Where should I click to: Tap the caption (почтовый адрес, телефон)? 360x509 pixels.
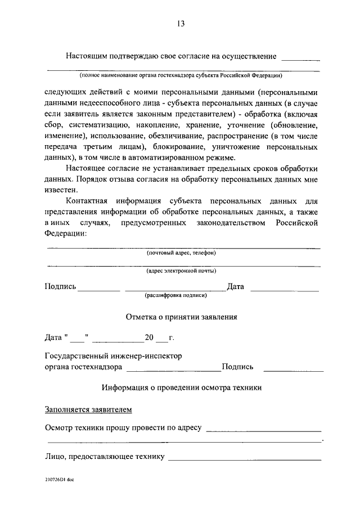pos(181,253)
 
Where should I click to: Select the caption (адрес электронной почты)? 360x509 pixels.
pos(181,271)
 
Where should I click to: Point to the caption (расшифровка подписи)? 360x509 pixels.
pos(176,295)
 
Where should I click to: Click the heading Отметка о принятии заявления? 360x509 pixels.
pos(181,317)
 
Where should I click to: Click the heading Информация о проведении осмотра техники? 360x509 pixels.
pos(181,388)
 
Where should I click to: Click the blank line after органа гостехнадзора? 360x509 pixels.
pos(174,370)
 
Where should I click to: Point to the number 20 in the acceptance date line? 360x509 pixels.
pos(149,338)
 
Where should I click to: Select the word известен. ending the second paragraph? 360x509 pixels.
pos(61,190)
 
